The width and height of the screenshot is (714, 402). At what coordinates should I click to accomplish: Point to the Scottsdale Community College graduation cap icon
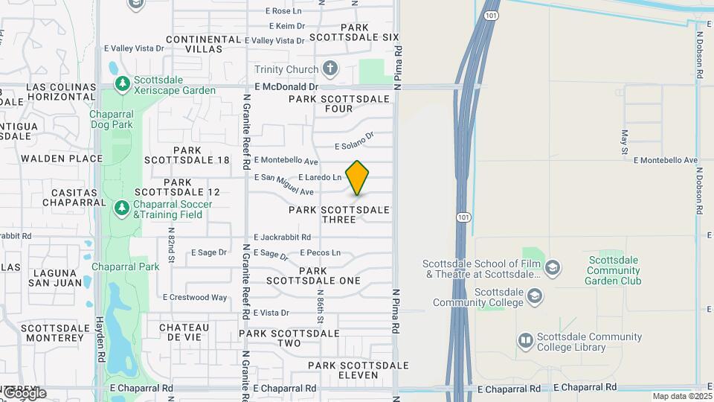(x=534, y=297)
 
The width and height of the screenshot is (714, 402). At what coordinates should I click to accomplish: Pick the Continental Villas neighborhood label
(x=194, y=43)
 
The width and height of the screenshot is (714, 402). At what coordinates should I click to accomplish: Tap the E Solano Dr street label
(x=353, y=141)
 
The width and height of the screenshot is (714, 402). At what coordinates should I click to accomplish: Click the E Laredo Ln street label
(x=320, y=178)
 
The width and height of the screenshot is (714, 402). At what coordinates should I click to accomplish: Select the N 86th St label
(x=321, y=304)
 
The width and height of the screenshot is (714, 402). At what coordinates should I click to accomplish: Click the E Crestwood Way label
(x=195, y=298)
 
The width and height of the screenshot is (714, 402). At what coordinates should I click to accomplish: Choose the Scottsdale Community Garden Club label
(x=614, y=270)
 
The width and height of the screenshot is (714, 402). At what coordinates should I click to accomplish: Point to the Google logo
(x=25, y=392)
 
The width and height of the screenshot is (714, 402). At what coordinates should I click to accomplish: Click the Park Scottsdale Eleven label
(x=358, y=371)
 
